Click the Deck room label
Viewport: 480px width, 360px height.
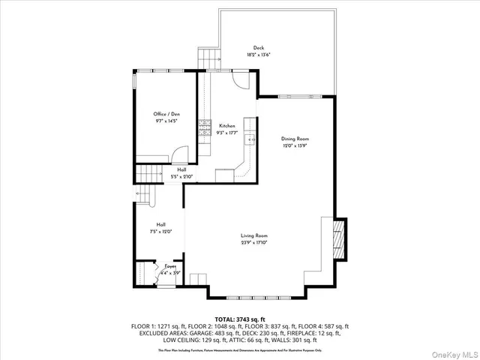(x=258, y=47)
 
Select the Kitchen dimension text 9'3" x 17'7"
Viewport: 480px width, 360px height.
(x=227, y=133)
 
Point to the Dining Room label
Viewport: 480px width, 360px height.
(x=295, y=139)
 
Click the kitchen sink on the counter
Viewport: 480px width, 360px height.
(x=251, y=139)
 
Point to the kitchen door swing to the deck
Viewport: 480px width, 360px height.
(x=238, y=79)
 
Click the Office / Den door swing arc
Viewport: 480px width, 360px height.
(x=179, y=155)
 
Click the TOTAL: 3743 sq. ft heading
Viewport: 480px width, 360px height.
(x=239, y=319)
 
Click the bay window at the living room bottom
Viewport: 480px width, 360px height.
(x=256, y=289)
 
